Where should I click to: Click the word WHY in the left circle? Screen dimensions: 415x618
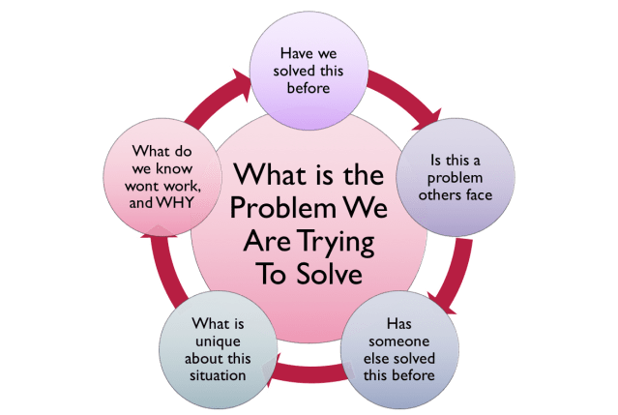click(x=177, y=205)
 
